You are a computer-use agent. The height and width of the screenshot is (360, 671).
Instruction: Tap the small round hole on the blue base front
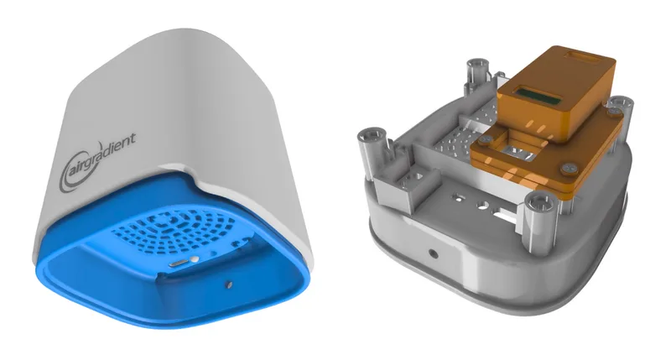[229, 284]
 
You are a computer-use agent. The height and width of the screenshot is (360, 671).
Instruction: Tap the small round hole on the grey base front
[433, 251]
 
